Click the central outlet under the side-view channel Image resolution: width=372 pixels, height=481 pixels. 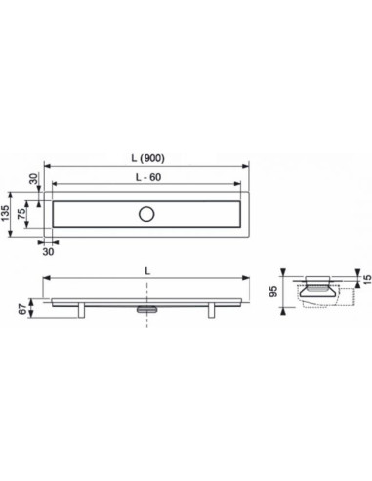(x=146, y=308)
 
